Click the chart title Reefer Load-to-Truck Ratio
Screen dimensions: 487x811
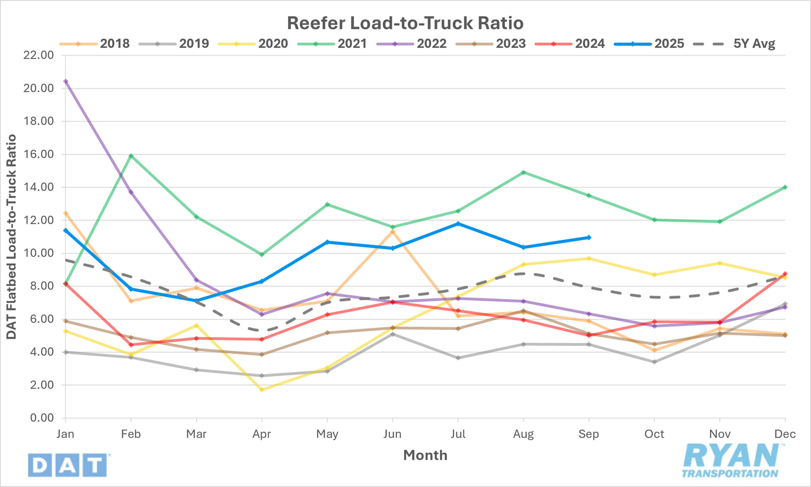coord(405,23)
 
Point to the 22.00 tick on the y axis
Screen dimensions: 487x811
coord(38,55)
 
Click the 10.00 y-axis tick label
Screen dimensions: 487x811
coord(38,253)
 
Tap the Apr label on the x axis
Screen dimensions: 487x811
coord(261,434)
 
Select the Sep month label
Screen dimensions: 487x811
coord(589,434)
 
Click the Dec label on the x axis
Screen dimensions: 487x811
coord(785,434)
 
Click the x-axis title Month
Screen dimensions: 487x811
coord(425,455)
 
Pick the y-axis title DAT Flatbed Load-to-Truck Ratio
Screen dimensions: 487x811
coord(11,236)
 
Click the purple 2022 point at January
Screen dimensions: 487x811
coord(66,81)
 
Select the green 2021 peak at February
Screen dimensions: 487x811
coord(131,156)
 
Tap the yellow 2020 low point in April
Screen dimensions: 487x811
coord(261,390)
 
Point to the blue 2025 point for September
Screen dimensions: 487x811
coord(589,237)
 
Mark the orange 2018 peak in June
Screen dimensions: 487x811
coord(392,232)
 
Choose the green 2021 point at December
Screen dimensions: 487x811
coord(785,187)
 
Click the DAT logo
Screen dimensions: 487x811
coord(68,465)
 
